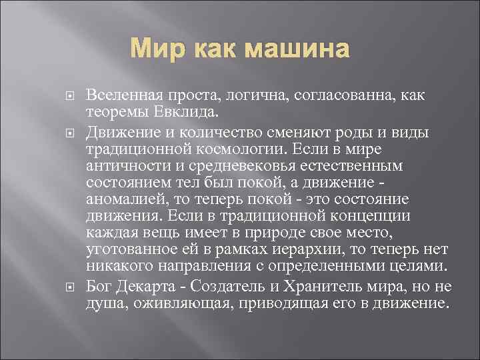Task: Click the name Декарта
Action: pos(147,287)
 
